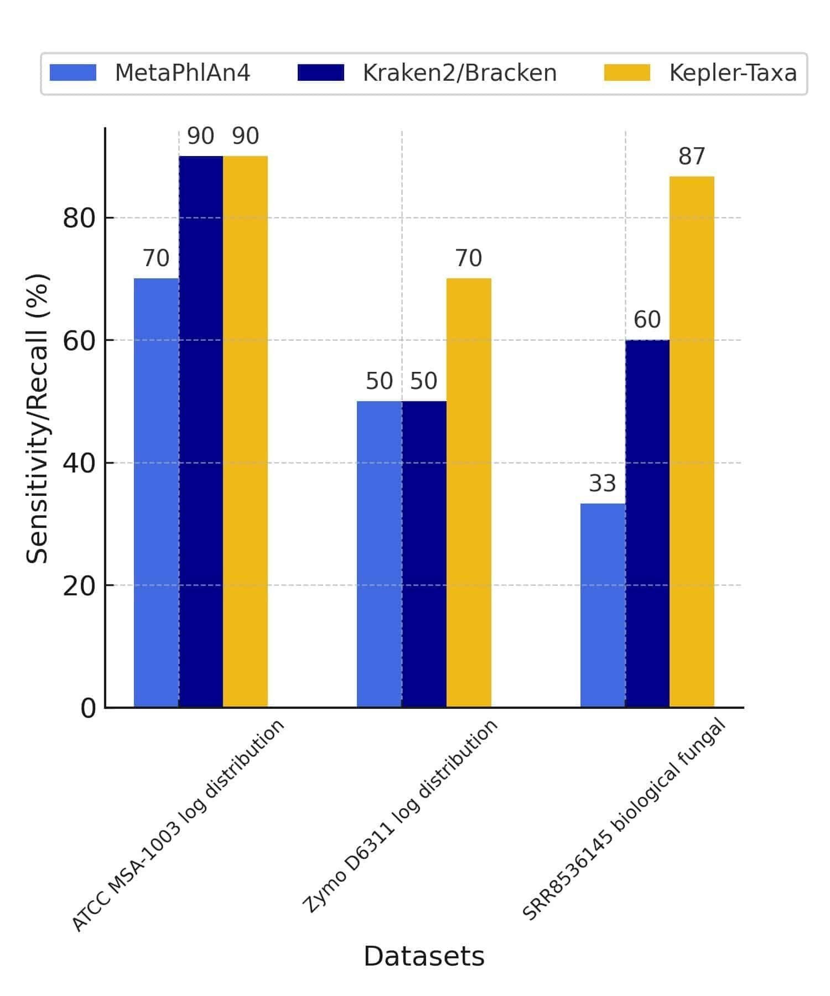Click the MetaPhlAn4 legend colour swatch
(x=72, y=72)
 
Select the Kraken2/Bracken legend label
(x=459, y=73)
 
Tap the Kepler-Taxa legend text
(x=733, y=73)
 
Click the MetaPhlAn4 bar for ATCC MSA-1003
(x=156, y=492)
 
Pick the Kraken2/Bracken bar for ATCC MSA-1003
(x=201, y=432)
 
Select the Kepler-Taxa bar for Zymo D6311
(x=469, y=492)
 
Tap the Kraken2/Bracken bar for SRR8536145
(x=647, y=523)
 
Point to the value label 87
(x=692, y=157)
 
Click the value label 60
(x=647, y=320)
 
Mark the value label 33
(x=602, y=484)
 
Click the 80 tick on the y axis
(x=80, y=218)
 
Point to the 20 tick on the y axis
(x=80, y=585)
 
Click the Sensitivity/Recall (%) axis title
(x=38, y=418)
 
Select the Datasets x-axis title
(x=424, y=956)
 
